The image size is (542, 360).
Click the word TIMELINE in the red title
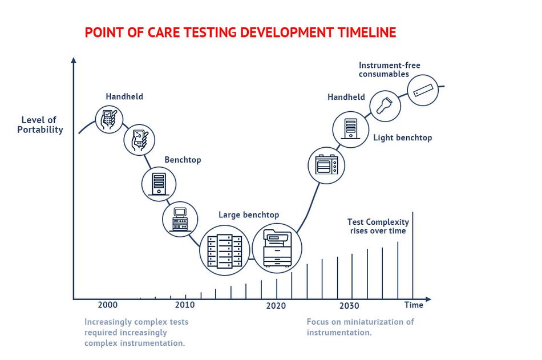click(367, 33)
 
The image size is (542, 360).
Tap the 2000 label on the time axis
click(107, 305)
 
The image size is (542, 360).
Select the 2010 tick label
click(185, 305)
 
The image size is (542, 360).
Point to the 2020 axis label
click(276, 306)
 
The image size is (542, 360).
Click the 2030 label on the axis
click(349, 306)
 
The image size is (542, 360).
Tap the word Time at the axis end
click(414, 305)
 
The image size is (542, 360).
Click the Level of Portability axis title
click(40, 125)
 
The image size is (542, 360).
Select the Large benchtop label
click(249, 215)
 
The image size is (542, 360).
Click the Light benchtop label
click(403, 137)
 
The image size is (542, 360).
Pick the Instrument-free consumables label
click(390, 70)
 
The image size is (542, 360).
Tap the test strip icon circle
click(423, 90)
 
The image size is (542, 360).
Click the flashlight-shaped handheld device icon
click(385, 106)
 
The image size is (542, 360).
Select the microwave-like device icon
click(326, 165)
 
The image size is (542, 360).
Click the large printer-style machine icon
click(277, 248)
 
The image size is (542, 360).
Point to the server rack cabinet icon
click(225, 250)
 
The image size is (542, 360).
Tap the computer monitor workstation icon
click(180, 219)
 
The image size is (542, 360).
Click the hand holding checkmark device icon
click(109, 119)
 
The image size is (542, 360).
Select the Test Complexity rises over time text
click(378, 226)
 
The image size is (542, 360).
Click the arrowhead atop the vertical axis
click(73, 60)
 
